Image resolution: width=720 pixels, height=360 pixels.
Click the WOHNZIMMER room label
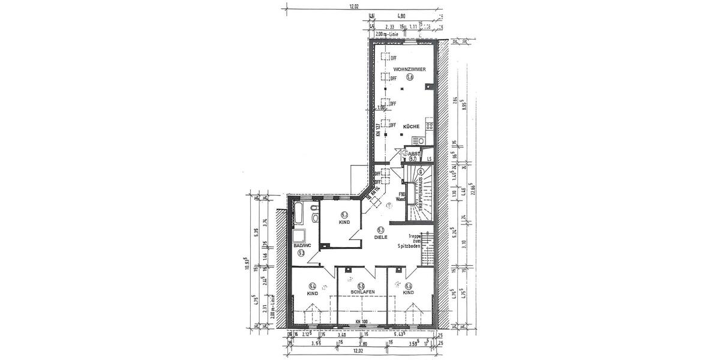(x=409, y=70)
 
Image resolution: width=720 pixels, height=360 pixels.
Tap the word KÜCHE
(x=410, y=127)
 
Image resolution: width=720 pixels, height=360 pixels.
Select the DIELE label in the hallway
(x=380, y=238)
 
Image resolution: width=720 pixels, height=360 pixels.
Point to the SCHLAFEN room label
(x=360, y=292)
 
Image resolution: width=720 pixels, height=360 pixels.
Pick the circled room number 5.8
(x=410, y=77)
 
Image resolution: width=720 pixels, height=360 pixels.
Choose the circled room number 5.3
(x=301, y=253)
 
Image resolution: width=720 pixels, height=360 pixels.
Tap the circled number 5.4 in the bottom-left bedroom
(x=312, y=286)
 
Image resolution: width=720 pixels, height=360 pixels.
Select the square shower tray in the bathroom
(x=298, y=235)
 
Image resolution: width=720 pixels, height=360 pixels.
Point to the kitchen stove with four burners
(x=430, y=126)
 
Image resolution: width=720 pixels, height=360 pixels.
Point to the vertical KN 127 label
(x=379, y=130)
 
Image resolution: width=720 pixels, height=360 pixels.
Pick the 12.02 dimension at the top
(x=356, y=7)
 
